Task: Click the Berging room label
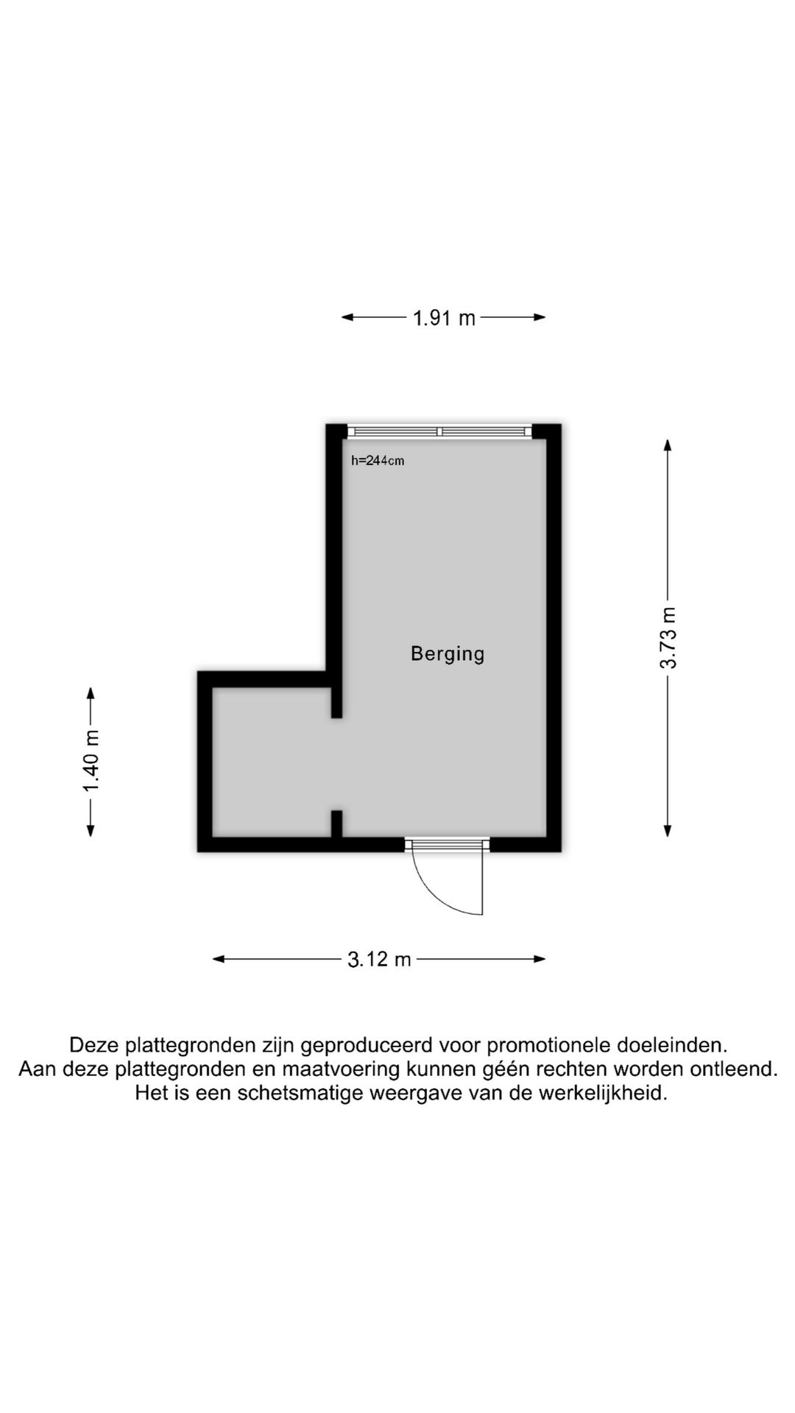click(x=448, y=654)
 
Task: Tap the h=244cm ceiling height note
click(x=378, y=461)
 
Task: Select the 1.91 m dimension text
click(x=444, y=318)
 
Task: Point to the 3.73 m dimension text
click(x=668, y=637)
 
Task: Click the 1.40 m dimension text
click(x=91, y=762)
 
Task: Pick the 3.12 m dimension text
click(x=379, y=960)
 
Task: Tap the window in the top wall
click(x=439, y=431)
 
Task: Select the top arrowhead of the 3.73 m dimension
click(x=668, y=445)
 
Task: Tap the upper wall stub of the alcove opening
click(x=336, y=703)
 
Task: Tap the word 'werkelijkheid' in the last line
click(x=603, y=1093)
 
